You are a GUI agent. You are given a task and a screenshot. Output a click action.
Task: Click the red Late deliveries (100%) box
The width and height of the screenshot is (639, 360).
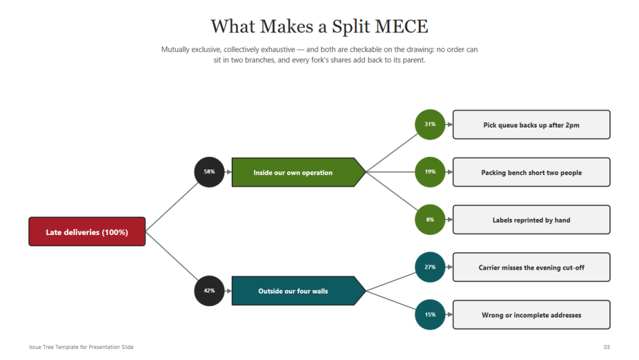[87, 232]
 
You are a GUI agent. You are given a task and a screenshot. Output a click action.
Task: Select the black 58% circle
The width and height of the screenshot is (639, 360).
[210, 172]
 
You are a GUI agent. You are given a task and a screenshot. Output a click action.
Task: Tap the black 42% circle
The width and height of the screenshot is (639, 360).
[210, 290]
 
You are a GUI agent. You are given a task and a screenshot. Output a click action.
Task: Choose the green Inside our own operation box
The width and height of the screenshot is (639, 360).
[299, 172]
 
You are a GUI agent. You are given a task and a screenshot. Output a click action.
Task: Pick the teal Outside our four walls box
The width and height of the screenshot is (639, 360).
[299, 290]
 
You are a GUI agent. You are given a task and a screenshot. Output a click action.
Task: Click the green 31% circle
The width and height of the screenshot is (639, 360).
[430, 124]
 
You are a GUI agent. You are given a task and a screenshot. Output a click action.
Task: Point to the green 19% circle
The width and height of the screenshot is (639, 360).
[430, 172]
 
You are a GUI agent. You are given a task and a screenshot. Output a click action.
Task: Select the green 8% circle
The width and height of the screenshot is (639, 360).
[430, 220]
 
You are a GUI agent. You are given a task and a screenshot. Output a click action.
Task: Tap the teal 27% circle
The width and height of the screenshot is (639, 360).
[430, 267]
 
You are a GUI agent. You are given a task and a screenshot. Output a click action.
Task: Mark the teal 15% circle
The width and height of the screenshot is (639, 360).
[430, 314]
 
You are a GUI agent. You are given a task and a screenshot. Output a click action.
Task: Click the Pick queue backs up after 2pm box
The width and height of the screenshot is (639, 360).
[532, 125]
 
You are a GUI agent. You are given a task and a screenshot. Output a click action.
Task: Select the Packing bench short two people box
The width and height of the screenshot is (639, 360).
[532, 172]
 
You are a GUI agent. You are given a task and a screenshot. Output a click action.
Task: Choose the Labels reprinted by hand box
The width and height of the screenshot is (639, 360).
[532, 220]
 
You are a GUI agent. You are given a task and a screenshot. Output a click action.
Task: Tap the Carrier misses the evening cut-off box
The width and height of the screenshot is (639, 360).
[532, 267]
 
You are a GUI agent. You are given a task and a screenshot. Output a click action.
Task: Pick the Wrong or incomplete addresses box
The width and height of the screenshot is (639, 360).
[532, 315]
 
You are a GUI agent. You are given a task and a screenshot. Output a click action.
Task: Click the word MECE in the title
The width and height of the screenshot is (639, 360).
[402, 26]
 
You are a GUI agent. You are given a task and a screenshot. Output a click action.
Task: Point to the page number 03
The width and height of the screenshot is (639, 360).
[607, 347]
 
